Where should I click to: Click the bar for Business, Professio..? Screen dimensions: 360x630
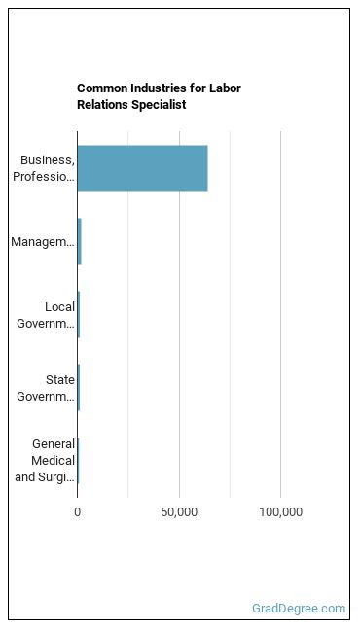point(142,168)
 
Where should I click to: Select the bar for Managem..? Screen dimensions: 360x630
point(79,241)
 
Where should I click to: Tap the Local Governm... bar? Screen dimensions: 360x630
point(79,315)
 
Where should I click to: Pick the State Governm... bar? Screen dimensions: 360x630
point(79,387)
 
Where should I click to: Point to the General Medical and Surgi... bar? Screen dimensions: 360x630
point(79,461)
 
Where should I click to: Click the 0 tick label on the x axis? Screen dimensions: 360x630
point(78,511)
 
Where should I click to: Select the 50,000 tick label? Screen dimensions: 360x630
point(179,511)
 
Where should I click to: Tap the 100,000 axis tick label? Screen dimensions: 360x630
point(281,511)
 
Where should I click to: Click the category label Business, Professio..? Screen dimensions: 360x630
point(44,168)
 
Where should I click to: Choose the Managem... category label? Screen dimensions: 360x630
point(43,242)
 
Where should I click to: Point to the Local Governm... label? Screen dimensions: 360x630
point(46,315)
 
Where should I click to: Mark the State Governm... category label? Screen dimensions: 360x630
point(46,388)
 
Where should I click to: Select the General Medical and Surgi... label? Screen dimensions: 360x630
point(45,461)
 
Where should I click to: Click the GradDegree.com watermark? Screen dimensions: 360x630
point(299,609)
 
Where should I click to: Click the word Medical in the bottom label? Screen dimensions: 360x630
point(54,461)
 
